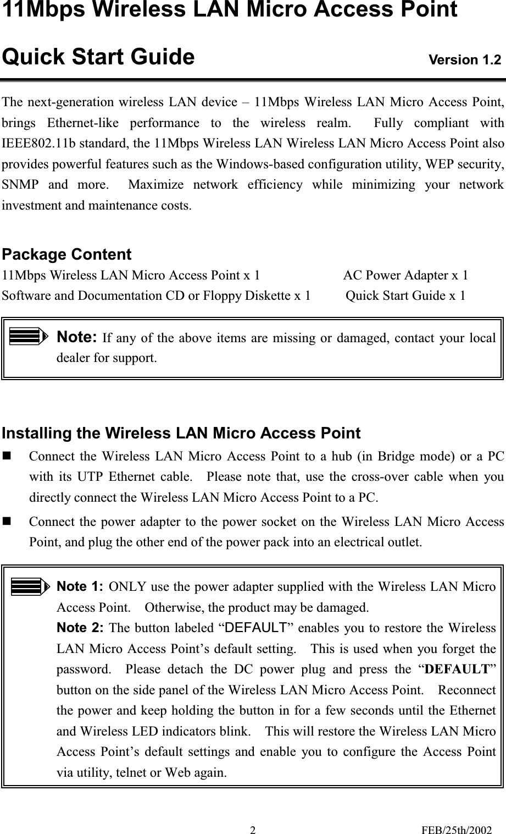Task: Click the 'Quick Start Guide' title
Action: point(98,57)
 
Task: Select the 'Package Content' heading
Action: point(66,255)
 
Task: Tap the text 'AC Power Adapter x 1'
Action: point(405,275)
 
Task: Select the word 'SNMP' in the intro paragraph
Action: point(19,185)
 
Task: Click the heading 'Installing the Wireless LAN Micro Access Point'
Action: point(181,434)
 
